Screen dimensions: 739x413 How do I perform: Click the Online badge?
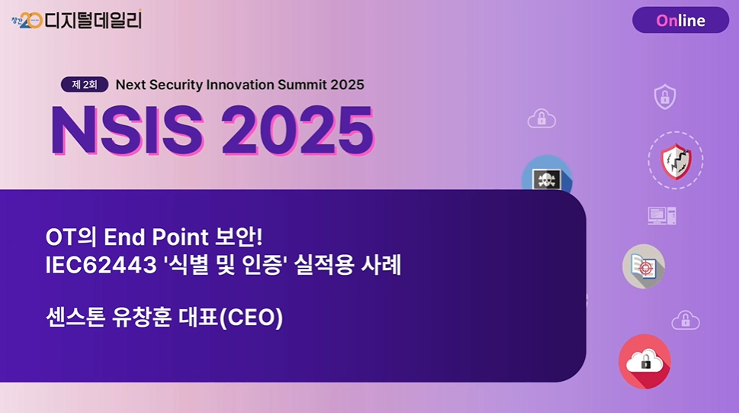tap(680, 20)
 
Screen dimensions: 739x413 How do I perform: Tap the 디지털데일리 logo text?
tap(93, 20)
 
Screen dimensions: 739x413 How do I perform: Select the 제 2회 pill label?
tap(85, 85)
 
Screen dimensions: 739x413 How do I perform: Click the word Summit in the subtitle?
tap(302, 85)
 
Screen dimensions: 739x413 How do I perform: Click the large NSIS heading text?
tap(127, 131)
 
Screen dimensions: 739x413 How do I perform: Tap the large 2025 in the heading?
tap(298, 131)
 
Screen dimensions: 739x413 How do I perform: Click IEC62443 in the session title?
tap(101, 265)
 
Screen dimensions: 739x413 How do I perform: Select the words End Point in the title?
tap(156, 237)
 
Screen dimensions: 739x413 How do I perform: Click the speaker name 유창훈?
tap(141, 317)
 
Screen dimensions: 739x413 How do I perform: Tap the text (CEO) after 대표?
tap(251, 317)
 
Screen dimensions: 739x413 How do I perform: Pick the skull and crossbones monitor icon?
tap(547, 179)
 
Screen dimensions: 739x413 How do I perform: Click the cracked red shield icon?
tap(676, 161)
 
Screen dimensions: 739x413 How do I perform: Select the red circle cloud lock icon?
tap(644, 361)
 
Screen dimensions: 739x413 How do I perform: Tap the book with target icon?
tap(644, 266)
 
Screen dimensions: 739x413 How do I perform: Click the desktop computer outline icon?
tap(662, 216)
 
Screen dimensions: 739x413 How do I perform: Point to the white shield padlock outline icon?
tap(665, 96)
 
